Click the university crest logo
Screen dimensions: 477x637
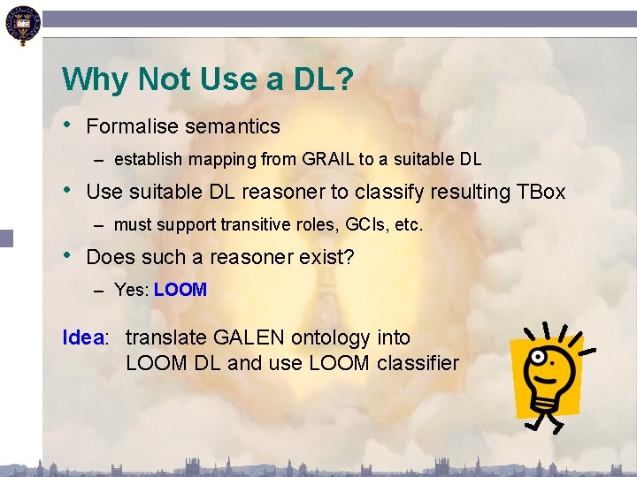tap(21, 24)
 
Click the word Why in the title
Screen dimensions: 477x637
tap(94, 80)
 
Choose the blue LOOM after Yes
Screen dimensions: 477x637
tap(180, 291)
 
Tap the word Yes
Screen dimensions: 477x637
tap(129, 291)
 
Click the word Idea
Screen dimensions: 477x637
tap(83, 337)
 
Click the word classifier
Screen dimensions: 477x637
tap(418, 362)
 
